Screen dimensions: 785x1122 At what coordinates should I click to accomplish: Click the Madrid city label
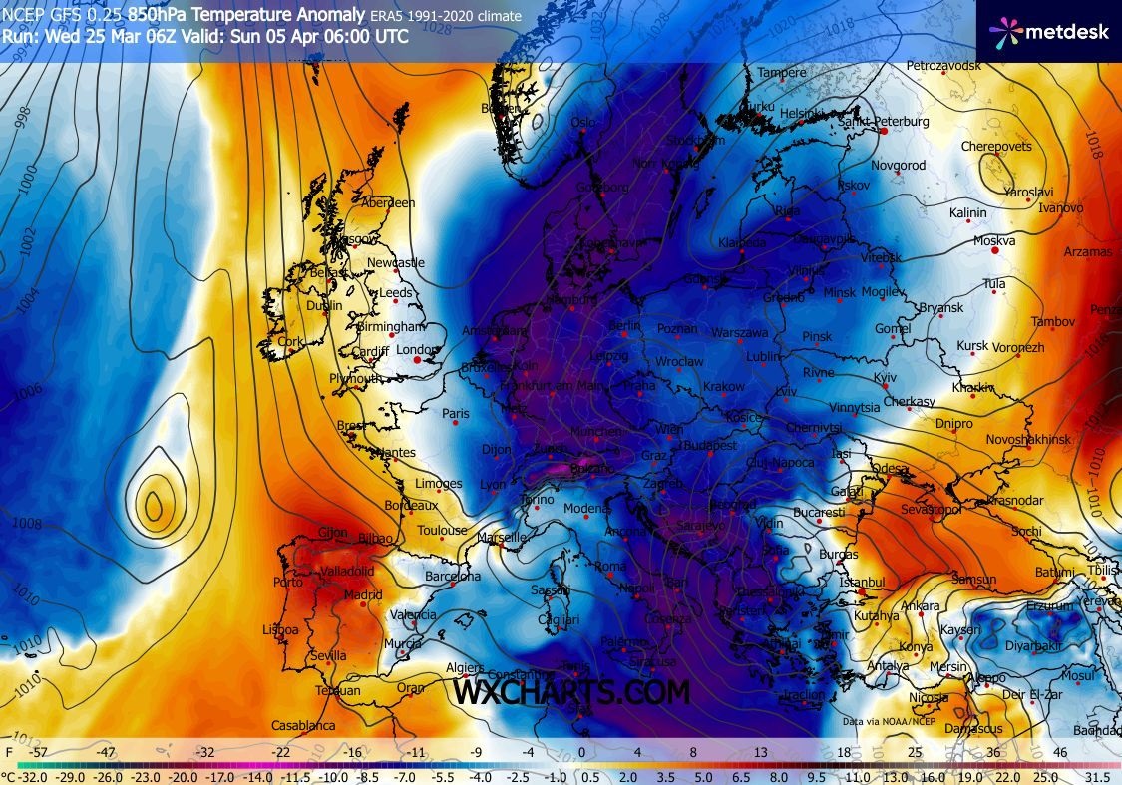pyautogui.click(x=363, y=595)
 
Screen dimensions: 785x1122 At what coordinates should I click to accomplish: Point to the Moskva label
pyautogui.click(x=995, y=241)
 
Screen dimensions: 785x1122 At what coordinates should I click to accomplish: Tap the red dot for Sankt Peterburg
pyautogui.click(x=883, y=131)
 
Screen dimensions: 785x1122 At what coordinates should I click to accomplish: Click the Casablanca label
pyautogui.click(x=306, y=725)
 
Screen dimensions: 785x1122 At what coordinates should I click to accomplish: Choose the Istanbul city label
pyautogui.click(x=862, y=582)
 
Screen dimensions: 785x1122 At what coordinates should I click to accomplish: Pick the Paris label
pyautogui.click(x=455, y=413)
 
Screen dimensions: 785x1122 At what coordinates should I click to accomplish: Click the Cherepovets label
pyautogui.click(x=995, y=147)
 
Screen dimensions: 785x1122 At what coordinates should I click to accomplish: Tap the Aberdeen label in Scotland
pyautogui.click(x=388, y=202)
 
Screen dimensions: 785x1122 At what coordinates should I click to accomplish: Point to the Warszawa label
pyautogui.click(x=739, y=332)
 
